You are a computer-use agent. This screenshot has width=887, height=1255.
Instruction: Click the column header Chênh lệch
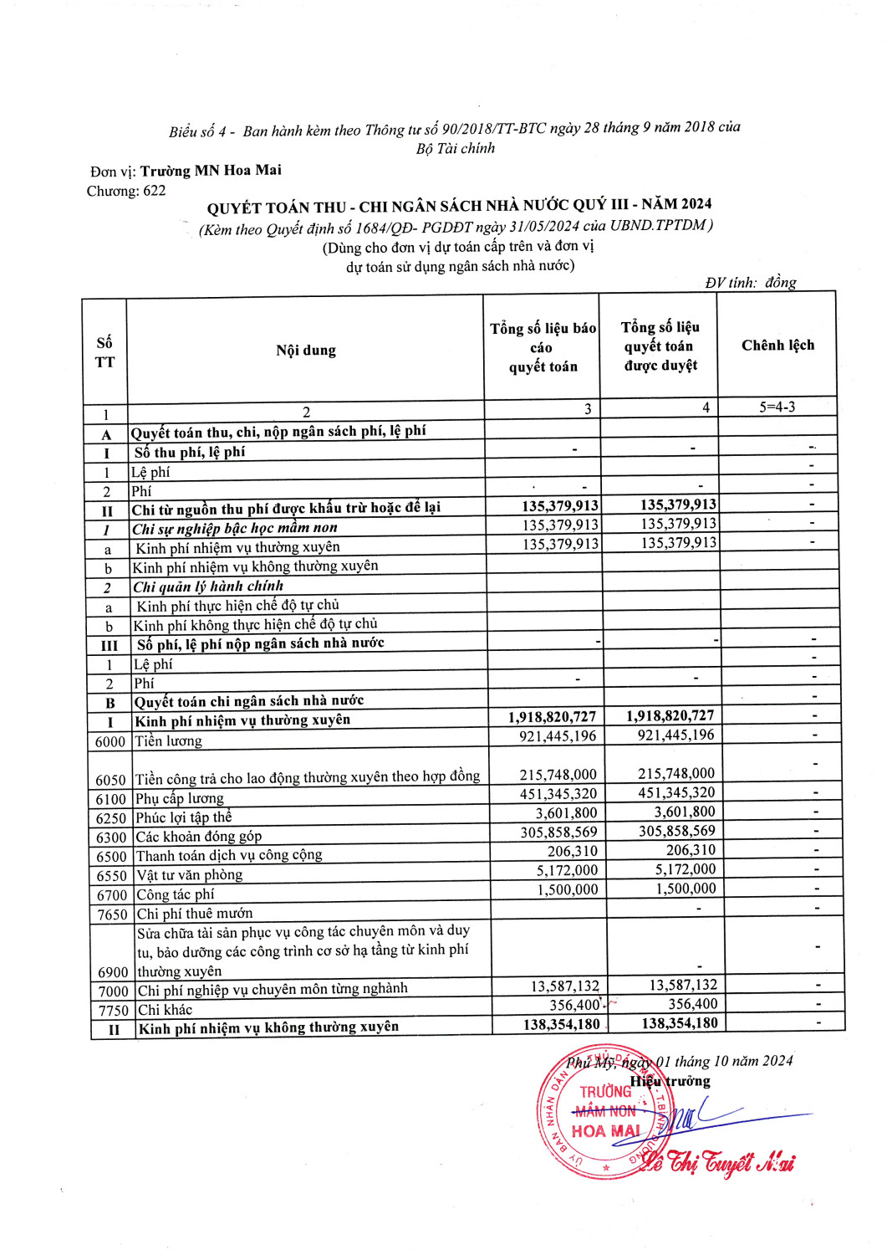coord(777,346)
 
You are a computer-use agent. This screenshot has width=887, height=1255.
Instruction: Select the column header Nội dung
coord(306,351)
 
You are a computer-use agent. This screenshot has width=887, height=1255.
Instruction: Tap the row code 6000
coord(110,742)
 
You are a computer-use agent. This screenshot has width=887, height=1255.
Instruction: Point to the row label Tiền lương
coord(169,741)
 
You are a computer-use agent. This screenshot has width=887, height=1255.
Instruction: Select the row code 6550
coord(111,876)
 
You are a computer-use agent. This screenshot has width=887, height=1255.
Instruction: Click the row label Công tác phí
coord(176,894)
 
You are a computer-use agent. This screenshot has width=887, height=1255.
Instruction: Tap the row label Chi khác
coord(165,1010)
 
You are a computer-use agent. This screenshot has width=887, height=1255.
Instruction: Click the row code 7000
coord(113,991)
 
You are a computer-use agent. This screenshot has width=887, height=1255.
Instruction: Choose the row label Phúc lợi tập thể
coord(184,817)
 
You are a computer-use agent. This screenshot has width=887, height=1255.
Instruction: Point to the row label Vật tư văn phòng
coord(190,875)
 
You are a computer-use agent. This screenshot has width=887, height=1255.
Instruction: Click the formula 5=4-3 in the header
coord(777,407)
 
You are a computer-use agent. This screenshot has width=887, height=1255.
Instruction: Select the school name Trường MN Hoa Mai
coord(211,171)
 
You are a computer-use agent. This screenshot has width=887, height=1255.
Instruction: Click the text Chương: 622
coord(126,192)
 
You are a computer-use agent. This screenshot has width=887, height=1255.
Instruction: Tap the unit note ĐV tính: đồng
coord(750,283)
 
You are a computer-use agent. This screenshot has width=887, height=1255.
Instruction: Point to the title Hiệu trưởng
coord(670,1082)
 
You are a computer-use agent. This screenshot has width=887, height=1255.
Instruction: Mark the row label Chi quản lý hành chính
coord(209,587)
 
